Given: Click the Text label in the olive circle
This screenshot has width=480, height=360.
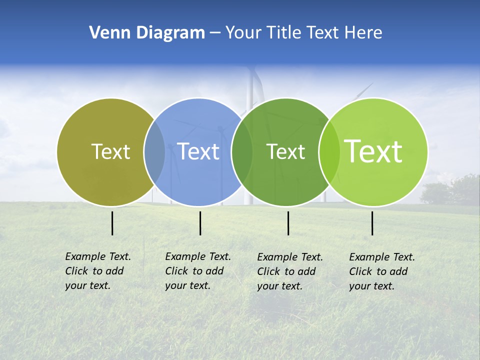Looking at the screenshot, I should coord(110,151).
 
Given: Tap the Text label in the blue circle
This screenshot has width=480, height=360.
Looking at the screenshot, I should coord(198,151).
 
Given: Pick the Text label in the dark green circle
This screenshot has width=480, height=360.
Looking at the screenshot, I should coord(285,151).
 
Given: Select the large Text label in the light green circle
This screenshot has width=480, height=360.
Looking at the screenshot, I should coord(373,151).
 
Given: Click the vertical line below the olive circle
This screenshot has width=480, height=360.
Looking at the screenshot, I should coord(112,223).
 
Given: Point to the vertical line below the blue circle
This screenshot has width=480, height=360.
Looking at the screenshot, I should coord(200,223).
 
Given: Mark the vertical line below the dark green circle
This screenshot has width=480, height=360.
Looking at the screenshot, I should coord(288,223).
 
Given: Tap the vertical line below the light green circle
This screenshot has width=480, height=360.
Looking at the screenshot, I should coord(372,223).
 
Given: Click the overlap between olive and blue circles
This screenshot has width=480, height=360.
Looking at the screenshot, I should coord(154,151).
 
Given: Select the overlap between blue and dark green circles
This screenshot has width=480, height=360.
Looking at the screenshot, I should coord(242,151).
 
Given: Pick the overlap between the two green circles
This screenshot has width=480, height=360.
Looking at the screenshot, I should coord(329,151).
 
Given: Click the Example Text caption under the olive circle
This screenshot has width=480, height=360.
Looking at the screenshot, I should coord(98,271).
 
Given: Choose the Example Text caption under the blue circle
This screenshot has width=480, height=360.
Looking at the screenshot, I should coord(198,271).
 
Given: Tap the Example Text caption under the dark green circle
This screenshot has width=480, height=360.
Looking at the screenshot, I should coord(290,271).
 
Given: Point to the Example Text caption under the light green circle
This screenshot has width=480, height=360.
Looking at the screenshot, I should coord(382,271).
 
